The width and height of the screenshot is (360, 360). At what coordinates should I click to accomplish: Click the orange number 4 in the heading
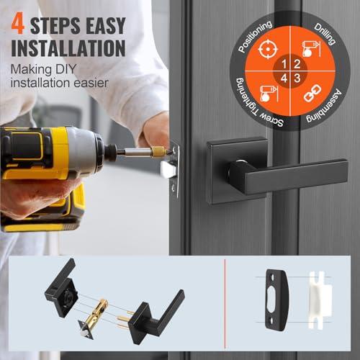(x=18, y=24)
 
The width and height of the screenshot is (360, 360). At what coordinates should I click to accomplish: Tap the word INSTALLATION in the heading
(x=68, y=48)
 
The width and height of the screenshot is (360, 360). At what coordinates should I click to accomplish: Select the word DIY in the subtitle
(x=62, y=69)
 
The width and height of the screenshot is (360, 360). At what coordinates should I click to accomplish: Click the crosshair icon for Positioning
(x=268, y=50)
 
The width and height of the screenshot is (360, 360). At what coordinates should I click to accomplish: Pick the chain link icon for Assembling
(x=312, y=94)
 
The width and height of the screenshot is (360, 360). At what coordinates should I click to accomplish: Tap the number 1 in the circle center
(x=284, y=64)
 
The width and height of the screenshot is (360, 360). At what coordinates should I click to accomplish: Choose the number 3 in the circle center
(x=297, y=78)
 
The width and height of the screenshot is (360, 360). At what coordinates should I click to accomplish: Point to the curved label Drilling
(x=325, y=34)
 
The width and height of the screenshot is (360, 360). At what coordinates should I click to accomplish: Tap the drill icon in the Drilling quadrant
(x=311, y=49)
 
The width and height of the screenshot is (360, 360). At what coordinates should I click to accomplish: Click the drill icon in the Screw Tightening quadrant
(x=269, y=94)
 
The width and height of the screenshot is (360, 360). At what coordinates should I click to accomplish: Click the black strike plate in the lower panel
(x=276, y=300)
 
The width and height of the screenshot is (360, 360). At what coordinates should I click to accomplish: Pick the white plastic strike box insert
(x=320, y=300)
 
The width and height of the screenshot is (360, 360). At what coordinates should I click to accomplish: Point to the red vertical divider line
(x=225, y=304)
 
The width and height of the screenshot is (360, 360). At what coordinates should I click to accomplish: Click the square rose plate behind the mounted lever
(x=237, y=171)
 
